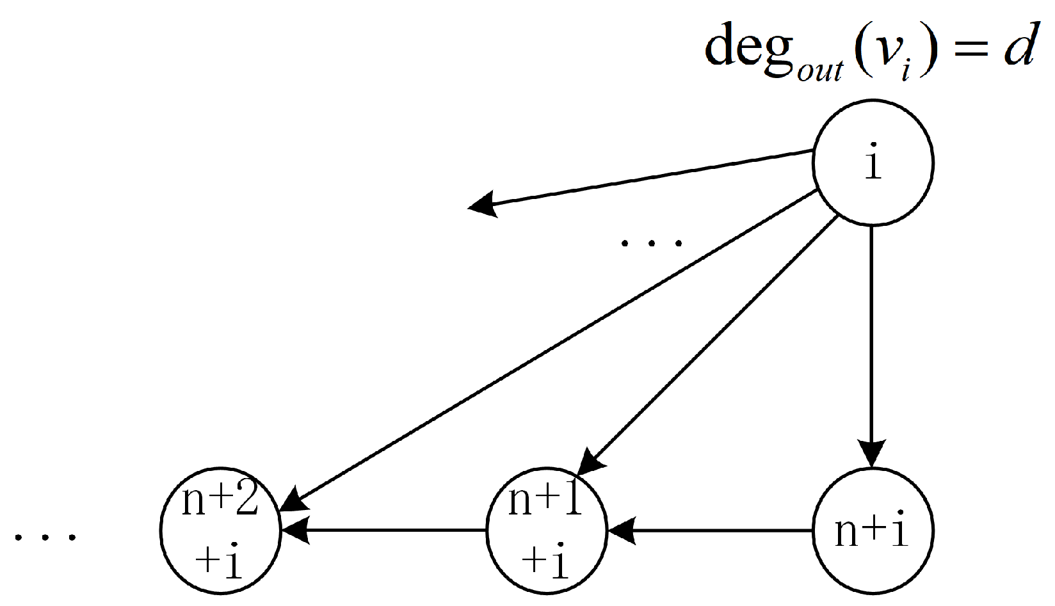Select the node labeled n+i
pos(873,530)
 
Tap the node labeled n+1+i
pos(545,530)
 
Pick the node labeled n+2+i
pos(220,530)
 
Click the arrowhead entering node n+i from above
pos(872,453)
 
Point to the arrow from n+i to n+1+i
pos(711,530)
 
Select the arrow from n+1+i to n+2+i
pos(384,530)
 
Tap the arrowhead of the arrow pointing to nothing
pos(483,204)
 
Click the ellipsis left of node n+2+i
pos(45,536)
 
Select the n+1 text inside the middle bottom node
pos(545,500)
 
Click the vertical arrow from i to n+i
pos(872,333)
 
